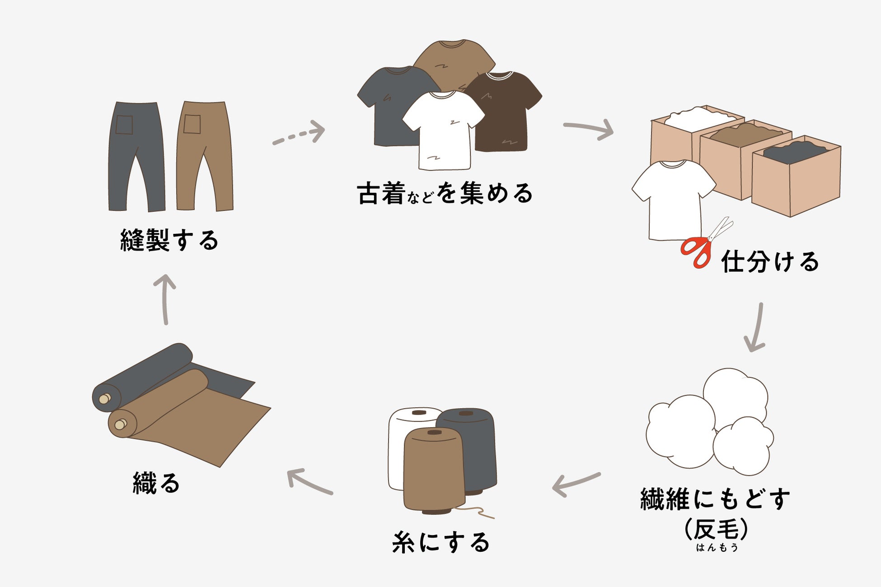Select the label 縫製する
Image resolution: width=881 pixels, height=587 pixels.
pos(169,240)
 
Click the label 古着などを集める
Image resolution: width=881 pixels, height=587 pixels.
pos(445,194)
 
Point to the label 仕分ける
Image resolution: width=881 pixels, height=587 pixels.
pos(770,262)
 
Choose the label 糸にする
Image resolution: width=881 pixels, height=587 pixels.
pos(441,542)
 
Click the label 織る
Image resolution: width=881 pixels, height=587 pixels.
pos(156,483)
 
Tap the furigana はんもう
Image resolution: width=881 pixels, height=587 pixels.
pos(717,548)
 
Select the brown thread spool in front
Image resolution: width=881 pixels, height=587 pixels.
pos(434,470)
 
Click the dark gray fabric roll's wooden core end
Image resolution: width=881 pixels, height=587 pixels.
pos(105,399)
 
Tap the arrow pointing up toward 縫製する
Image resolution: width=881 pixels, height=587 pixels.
pos(165,298)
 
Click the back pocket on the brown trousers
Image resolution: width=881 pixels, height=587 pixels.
pos(192,124)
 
